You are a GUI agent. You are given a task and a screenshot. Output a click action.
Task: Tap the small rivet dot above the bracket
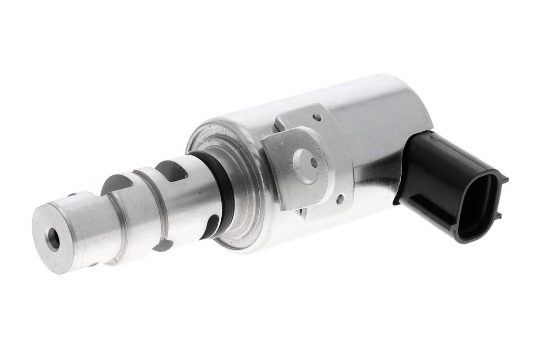click(317, 117)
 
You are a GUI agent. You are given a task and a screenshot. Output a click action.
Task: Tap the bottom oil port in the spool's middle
click(163, 245)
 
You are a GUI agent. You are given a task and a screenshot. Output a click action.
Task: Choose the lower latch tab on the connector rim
click(497, 215)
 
